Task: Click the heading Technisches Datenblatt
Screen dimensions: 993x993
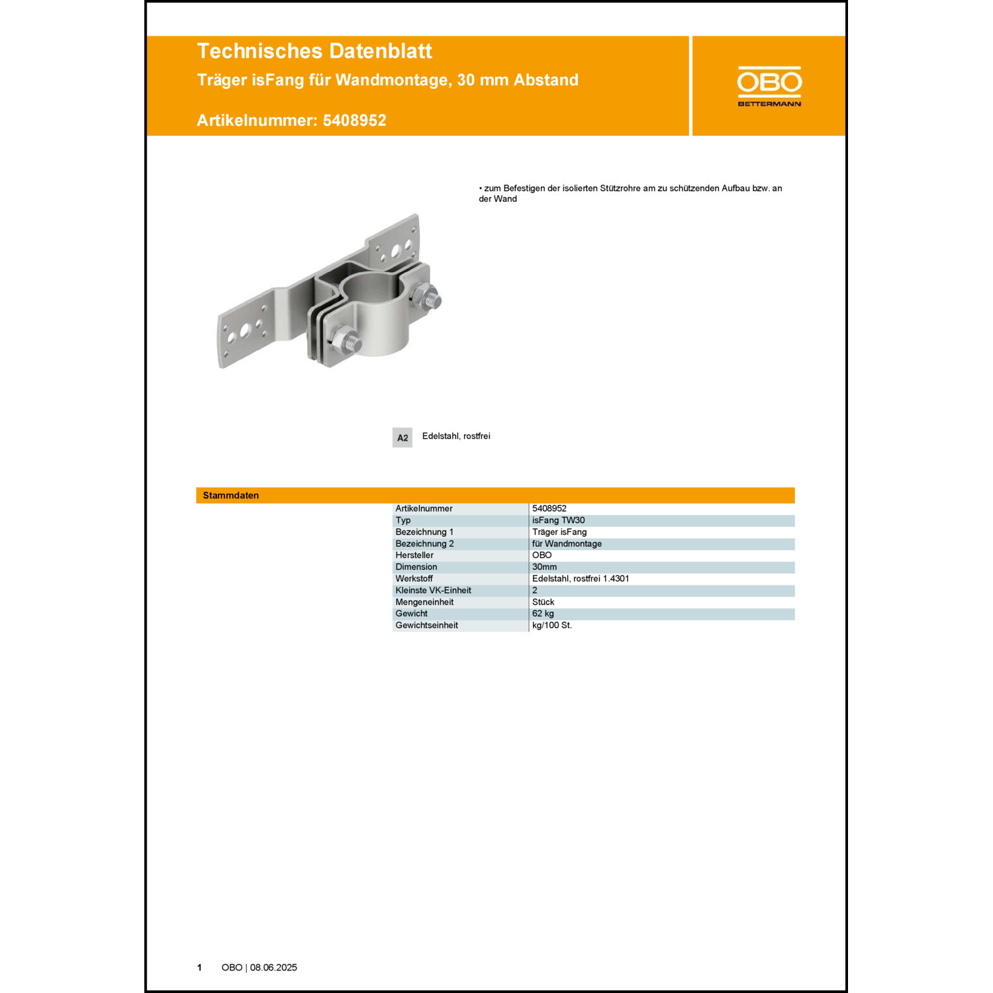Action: pos(314,51)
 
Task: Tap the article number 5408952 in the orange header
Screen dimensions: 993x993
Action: pos(354,120)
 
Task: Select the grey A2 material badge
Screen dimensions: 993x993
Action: pos(402,438)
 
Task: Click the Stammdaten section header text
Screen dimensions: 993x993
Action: pos(231,495)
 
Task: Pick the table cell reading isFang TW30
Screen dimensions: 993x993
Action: pos(558,520)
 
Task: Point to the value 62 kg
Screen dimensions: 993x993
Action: pos(543,614)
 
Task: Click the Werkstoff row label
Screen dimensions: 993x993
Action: pos(414,579)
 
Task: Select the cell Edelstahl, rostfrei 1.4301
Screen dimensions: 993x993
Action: pos(581,579)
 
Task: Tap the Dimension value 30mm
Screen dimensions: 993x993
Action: pos(544,567)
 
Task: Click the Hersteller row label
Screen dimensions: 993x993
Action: pos(414,555)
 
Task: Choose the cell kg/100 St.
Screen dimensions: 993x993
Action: pos(552,626)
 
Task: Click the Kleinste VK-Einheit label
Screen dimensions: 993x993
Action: pos(433,591)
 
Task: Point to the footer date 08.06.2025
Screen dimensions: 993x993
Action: pos(273,967)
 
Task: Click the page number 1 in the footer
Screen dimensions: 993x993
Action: pos(199,967)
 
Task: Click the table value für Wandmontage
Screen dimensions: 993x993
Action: pos(567,544)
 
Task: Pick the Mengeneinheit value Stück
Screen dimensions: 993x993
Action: pos(543,602)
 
